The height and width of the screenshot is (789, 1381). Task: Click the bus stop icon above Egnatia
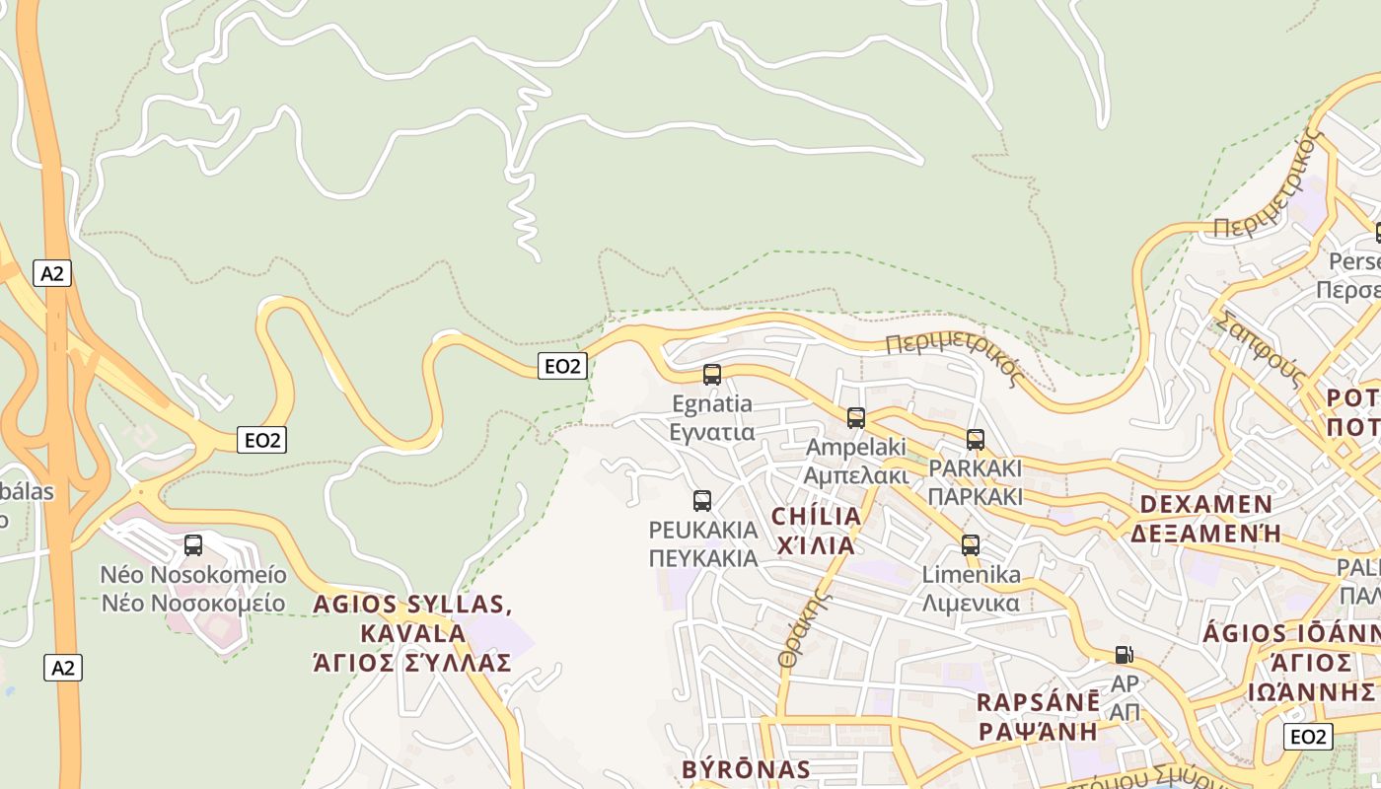711,375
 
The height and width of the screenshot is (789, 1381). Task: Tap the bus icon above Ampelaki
855,418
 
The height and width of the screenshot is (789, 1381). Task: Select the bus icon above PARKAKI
975,440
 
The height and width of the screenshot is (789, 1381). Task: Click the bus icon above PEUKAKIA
701,501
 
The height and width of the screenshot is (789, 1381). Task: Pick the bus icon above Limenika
970,545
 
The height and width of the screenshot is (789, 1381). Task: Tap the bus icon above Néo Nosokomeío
193,545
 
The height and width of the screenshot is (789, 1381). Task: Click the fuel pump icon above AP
1123,654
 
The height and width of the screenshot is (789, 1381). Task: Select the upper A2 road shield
52,273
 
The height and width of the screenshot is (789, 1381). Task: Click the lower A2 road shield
63,668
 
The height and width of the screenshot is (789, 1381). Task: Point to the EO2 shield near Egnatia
562,366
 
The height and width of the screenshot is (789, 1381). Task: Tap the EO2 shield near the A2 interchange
261,440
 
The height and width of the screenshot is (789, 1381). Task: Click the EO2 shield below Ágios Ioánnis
1308,737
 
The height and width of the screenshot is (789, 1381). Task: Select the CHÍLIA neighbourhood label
816,517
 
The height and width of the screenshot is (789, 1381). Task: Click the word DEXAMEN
1205,505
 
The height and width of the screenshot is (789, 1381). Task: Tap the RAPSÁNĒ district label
1038,703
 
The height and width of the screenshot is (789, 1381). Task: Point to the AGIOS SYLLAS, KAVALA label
411,618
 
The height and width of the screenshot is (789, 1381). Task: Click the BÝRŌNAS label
746,769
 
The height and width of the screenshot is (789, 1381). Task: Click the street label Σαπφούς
1262,349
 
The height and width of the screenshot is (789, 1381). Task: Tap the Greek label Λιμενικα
971,603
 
